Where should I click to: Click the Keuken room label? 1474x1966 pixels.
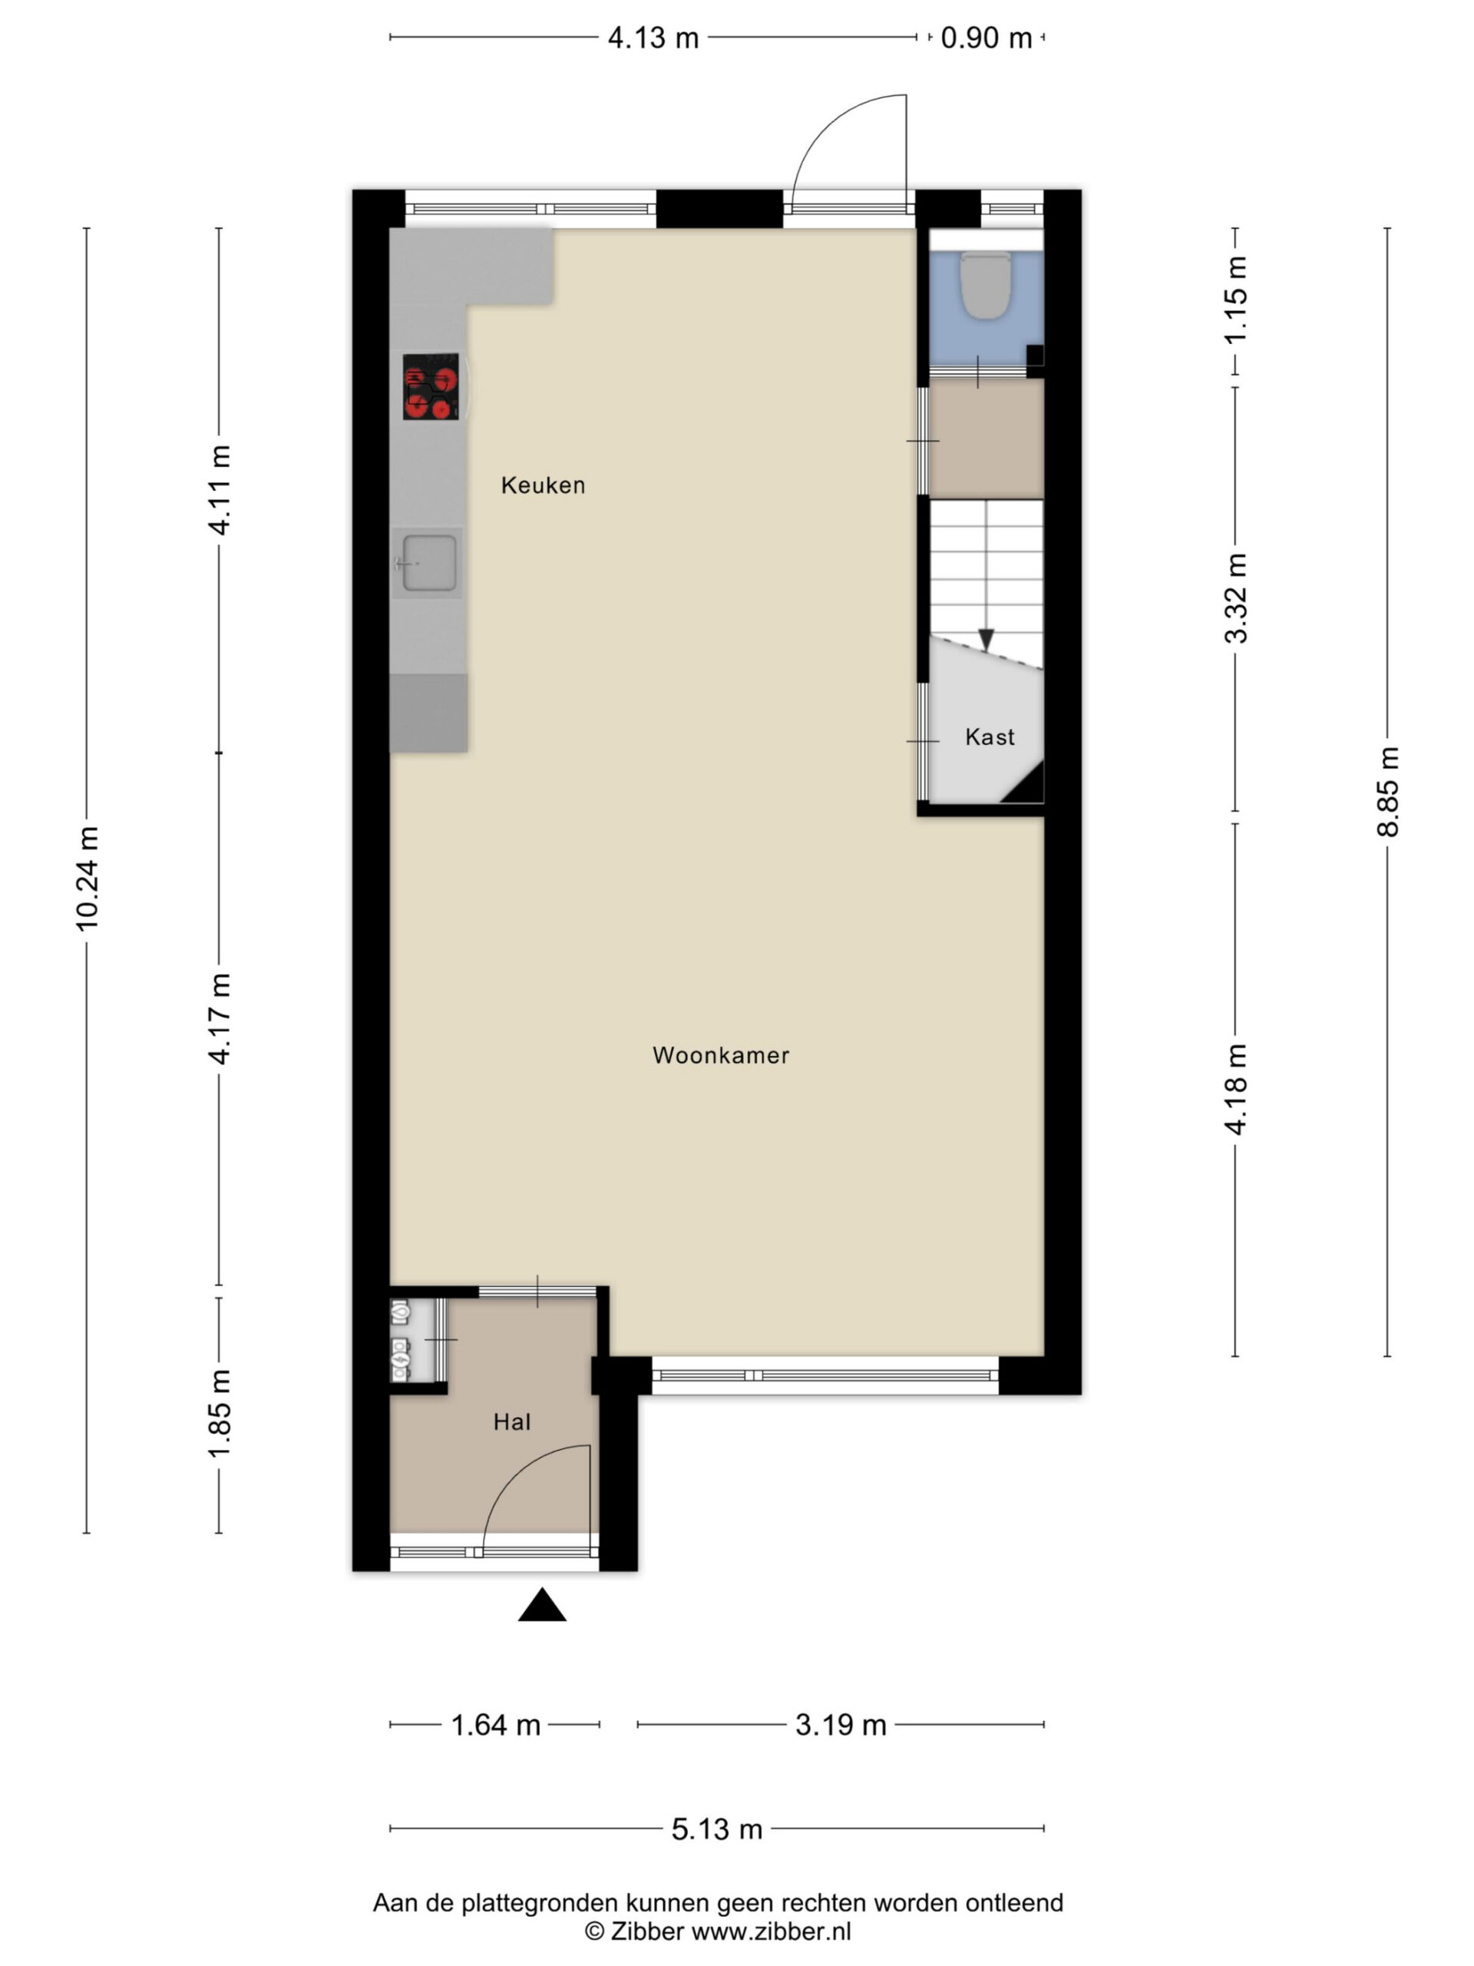543,485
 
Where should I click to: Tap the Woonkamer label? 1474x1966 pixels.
721,1055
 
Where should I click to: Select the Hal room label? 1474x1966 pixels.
512,1422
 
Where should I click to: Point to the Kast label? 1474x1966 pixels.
990,736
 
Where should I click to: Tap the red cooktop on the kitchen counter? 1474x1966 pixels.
431,386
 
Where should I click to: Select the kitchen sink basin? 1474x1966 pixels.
429,564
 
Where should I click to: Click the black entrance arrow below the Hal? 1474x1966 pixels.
542,1605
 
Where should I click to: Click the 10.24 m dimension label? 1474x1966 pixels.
87,878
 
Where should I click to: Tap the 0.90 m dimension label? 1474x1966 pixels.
987,38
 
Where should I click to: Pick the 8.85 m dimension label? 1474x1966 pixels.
1388,792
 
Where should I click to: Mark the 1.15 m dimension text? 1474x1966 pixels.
1236,300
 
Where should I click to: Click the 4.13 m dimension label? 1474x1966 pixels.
653,38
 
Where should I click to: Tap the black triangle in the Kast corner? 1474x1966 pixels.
1027,786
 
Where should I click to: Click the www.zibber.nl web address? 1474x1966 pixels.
772,1931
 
